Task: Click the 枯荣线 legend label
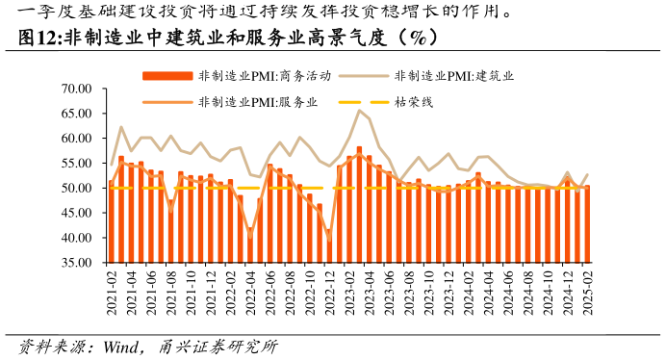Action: click(x=414, y=101)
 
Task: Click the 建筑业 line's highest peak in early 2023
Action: click(x=359, y=110)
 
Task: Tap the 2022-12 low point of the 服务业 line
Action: click(x=329, y=238)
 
